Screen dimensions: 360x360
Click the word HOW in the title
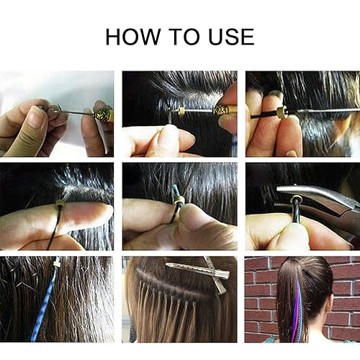[132, 37]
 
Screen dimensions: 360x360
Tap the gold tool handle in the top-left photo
[103, 114]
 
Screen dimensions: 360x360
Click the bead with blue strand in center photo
[178, 201]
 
